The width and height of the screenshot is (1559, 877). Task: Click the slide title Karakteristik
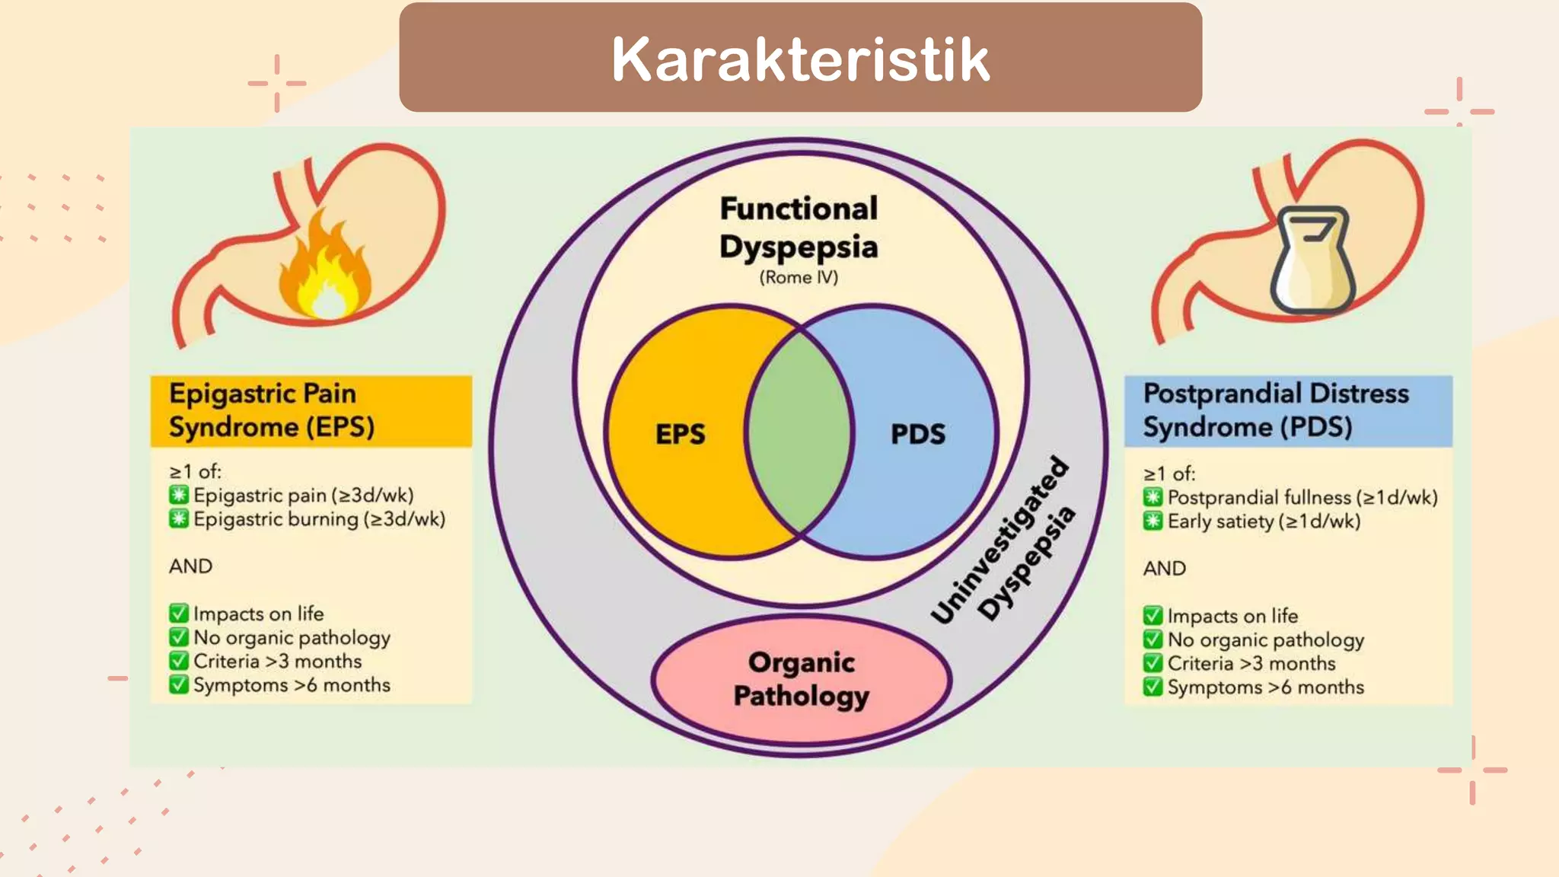pos(800,59)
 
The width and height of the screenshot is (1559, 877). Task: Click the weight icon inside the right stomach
pos(1312,261)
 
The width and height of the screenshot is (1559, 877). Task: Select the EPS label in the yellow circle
pos(680,434)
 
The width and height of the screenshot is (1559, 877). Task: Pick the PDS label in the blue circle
pos(918,434)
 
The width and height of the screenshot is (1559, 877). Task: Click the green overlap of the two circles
pos(799,432)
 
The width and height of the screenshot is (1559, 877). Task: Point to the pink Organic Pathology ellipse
pos(801,679)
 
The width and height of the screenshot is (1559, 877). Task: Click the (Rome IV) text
pos(799,278)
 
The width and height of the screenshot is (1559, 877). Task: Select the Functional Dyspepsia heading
pos(799,227)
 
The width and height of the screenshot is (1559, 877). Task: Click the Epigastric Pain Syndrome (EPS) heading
pos(272,410)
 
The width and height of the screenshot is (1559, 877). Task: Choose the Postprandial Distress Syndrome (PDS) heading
pos(1275,410)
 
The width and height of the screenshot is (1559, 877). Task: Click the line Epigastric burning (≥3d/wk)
pos(319,519)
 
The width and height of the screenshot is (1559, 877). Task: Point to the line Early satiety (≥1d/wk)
pos(1264,521)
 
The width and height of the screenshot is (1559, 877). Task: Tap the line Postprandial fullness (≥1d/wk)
pos(1302,498)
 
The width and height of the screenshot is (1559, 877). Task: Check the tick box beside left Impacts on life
pos(179,614)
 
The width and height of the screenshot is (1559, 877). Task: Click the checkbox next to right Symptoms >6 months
pos(1153,687)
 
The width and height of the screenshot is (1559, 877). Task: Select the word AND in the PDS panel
pos(1164,569)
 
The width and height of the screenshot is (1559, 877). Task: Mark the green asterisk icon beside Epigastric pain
pos(179,496)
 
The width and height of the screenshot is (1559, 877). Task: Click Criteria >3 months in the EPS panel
pos(277,662)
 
